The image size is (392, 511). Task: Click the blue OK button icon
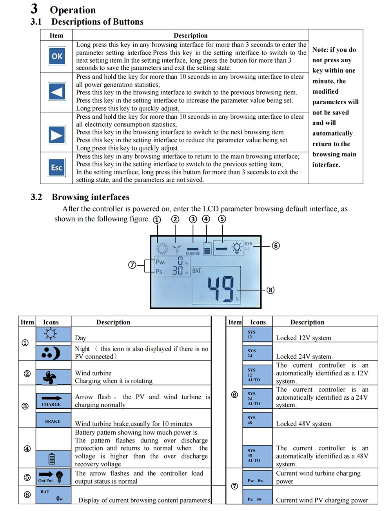pos(57,56)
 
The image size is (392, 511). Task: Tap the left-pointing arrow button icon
pos(57,92)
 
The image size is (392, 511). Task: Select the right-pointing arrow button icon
pos(57,135)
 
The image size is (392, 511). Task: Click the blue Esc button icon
pos(57,168)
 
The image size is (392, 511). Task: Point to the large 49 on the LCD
pos(220,289)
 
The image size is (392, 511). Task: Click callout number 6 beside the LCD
pos(276,246)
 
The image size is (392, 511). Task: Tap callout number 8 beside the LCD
pos(270,290)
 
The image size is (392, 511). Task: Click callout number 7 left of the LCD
pos(132,265)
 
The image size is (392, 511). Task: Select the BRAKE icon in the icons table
pos(53,421)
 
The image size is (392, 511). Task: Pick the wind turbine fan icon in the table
pos(50,377)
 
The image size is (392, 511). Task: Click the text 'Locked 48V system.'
pos(304,424)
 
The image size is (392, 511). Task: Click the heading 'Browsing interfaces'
pos(91,197)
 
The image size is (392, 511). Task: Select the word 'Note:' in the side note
pos(320,50)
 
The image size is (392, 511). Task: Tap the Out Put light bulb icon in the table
pos(59,477)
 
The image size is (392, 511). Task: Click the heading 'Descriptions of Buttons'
pos(97,22)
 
